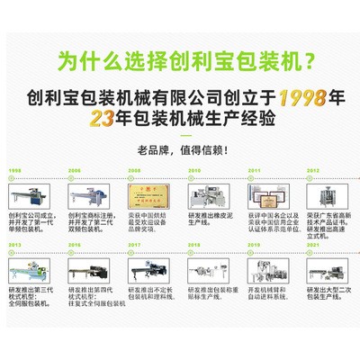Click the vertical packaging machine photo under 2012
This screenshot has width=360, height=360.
(327, 195)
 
